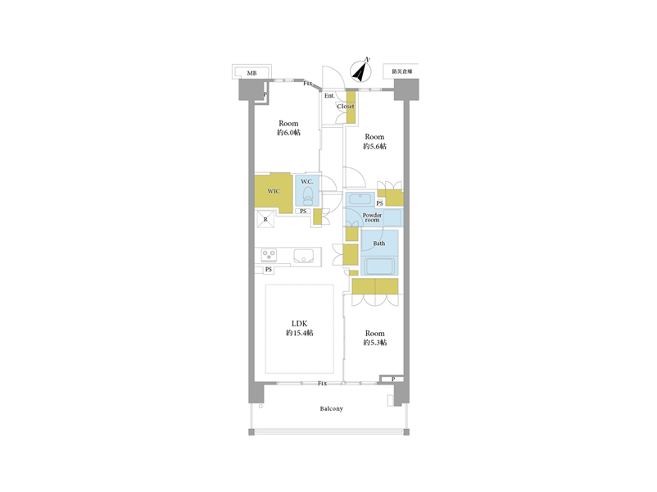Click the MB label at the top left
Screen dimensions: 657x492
[x=251, y=73]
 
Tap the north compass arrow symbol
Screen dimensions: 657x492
[x=360, y=71]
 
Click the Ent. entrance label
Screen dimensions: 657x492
[x=329, y=96]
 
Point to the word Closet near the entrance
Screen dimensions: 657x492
[x=346, y=106]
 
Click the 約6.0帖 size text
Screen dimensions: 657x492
[x=288, y=133]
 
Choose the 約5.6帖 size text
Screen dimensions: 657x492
[x=374, y=146]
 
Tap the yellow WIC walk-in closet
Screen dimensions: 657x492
[x=274, y=194]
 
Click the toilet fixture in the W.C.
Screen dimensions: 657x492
[x=308, y=196]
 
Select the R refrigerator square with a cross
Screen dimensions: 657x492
[x=265, y=220]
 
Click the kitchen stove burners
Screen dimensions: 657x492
[x=269, y=255]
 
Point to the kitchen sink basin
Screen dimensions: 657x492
[x=303, y=256]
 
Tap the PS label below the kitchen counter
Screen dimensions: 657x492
[x=268, y=269]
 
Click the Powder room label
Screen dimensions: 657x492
[x=372, y=217]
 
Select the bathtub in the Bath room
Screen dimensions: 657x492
[x=379, y=266]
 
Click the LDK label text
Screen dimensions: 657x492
[x=299, y=323]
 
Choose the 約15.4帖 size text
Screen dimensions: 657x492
[x=299, y=333]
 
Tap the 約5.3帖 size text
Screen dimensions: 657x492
[x=374, y=343]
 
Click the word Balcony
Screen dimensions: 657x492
[x=332, y=408]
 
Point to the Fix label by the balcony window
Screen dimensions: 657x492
[x=322, y=384]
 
